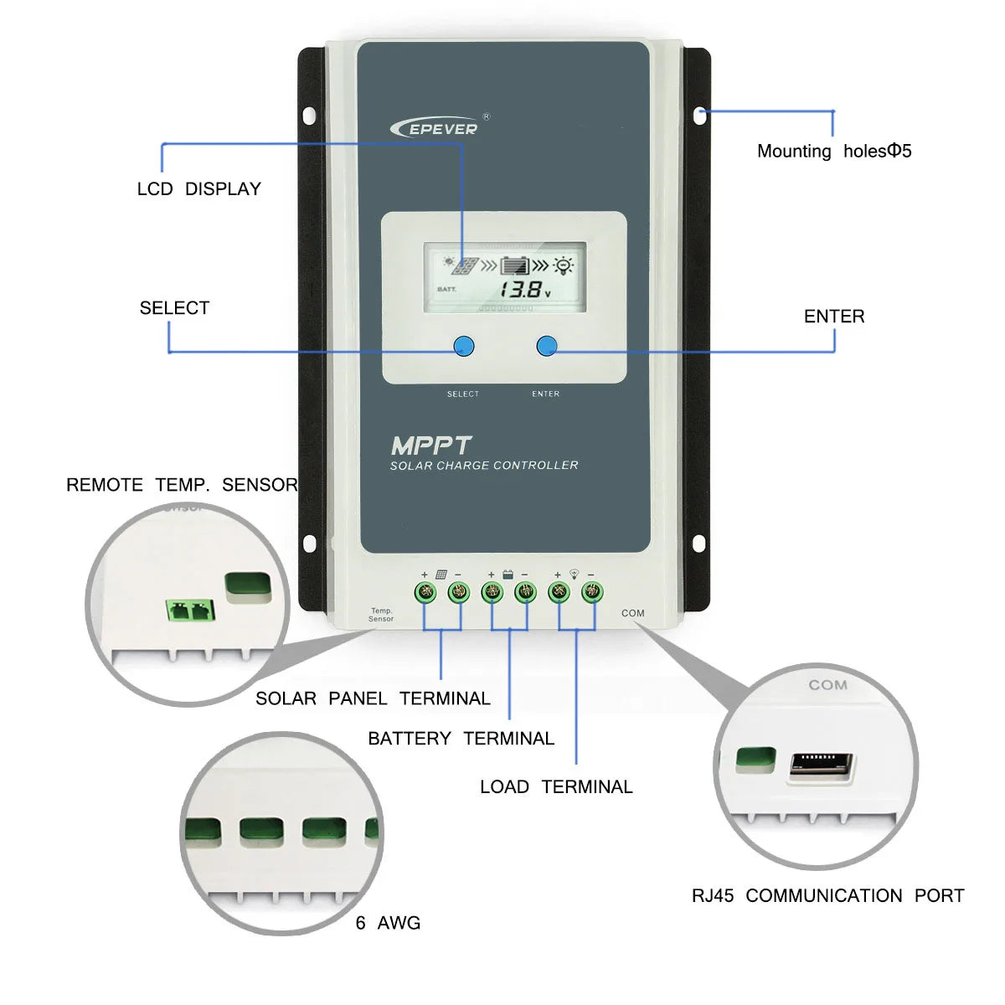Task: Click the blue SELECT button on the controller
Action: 463,346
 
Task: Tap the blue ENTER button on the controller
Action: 546,345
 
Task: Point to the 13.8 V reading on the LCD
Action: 524,291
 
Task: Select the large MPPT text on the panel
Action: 431,446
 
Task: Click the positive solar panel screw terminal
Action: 425,593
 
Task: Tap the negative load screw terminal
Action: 592,593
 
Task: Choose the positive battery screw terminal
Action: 492,593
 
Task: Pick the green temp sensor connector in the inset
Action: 191,610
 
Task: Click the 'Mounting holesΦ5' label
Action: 833,152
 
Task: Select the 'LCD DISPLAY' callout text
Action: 199,189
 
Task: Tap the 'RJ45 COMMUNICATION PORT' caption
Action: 827,896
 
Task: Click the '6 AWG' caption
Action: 388,923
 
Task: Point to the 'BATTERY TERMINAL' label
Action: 461,739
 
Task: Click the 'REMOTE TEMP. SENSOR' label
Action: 182,485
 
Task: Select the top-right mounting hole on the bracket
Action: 700,114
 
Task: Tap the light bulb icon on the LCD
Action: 564,266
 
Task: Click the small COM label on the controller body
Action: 633,613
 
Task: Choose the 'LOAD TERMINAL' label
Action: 556,787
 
